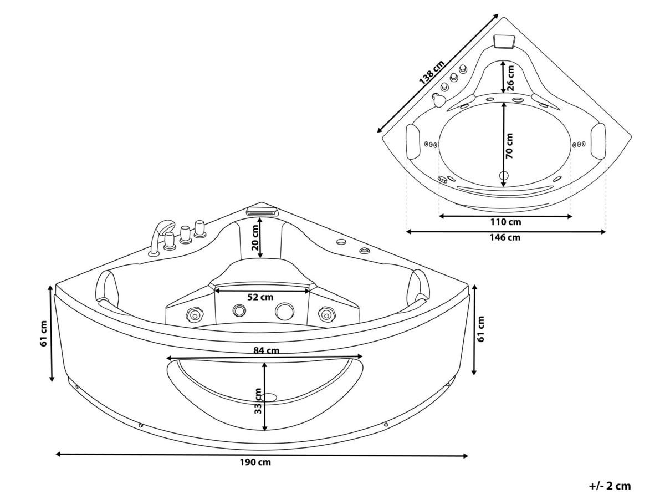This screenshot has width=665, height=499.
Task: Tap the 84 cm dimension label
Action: click(266, 350)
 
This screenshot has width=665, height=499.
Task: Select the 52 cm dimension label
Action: click(260, 297)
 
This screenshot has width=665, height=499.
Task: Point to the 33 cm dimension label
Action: click(258, 401)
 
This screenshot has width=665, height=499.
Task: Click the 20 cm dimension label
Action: click(255, 237)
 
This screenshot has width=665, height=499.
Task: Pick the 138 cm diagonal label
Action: click(431, 73)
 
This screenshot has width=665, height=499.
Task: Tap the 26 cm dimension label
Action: click(511, 78)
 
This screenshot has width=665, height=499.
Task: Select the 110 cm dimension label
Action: click(505, 222)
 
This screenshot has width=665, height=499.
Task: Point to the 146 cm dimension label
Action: click(505, 237)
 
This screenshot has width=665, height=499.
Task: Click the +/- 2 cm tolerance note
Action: click(610, 486)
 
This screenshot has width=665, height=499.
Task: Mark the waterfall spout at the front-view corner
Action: click(263, 211)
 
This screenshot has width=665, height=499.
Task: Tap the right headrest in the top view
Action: click(598, 141)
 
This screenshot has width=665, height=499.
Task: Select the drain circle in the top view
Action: click(504, 175)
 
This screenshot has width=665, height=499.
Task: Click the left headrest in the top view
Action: click(413, 141)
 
